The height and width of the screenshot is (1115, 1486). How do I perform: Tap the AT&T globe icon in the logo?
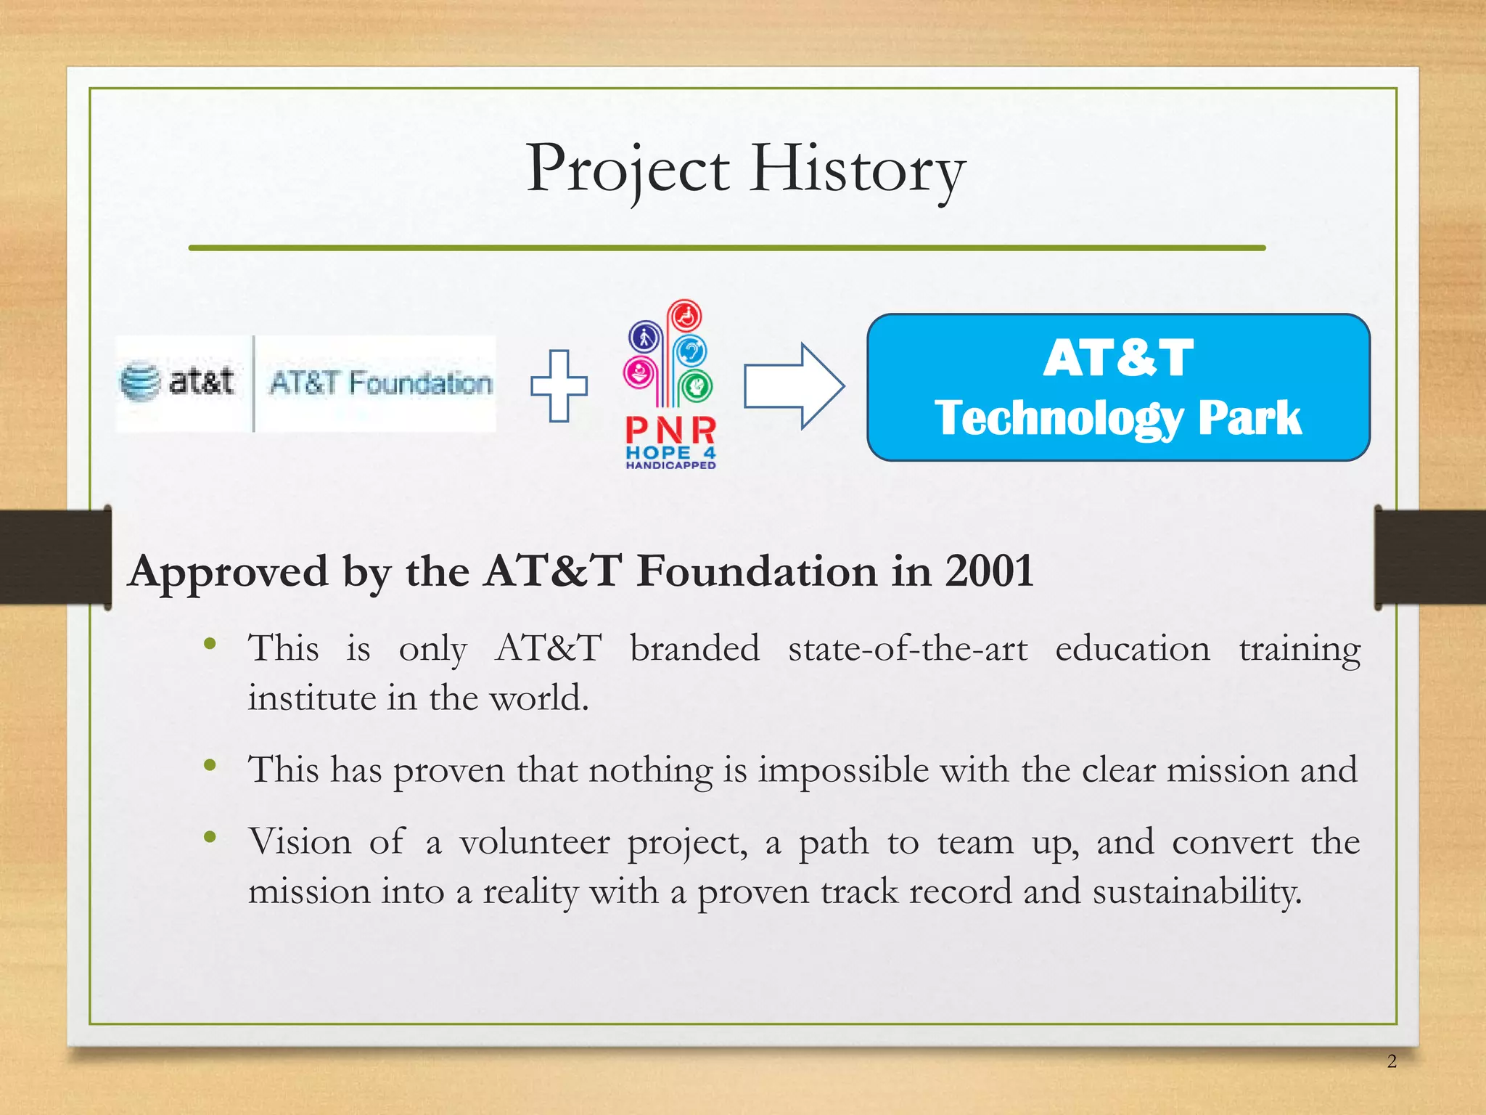point(139,381)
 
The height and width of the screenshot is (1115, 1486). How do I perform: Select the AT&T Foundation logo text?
point(380,383)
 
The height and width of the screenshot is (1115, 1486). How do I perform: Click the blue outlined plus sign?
point(559,385)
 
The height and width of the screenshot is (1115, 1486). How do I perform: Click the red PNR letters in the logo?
point(670,430)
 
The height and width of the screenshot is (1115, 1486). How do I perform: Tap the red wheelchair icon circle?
point(685,316)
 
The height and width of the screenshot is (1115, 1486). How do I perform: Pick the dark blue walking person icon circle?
point(644,337)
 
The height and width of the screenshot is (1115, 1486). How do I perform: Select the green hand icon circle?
point(697,385)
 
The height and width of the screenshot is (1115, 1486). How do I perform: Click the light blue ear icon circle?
point(690,352)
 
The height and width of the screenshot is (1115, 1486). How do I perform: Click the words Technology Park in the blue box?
point(1117,418)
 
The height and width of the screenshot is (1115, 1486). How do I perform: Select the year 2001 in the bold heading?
point(989,571)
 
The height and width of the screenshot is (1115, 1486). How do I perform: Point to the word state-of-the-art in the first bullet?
point(908,648)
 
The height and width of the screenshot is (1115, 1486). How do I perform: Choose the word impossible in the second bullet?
point(843,769)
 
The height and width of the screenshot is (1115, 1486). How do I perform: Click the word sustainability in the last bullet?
point(1197,891)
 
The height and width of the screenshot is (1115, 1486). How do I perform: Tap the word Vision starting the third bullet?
point(300,842)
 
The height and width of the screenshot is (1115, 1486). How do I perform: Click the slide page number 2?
point(1392,1061)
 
